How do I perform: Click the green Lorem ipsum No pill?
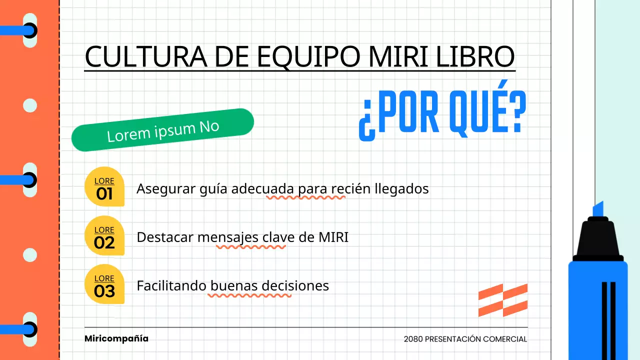coord(163,130)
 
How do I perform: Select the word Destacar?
coord(165,237)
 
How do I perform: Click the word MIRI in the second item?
coord(333,237)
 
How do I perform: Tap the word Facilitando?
coord(171,285)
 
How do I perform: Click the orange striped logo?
coord(502,300)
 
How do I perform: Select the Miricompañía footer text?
coord(116,338)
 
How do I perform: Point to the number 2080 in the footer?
coord(413,339)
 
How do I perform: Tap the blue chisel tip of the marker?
coord(598,209)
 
